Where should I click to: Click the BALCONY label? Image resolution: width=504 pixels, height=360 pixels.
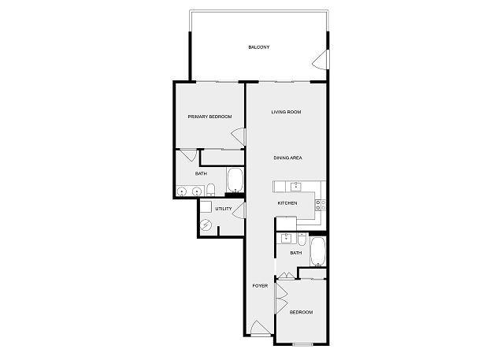coord(259,47)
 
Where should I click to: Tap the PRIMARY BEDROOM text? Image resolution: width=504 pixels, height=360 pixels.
coord(209,117)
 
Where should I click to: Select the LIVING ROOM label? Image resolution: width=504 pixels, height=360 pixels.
coord(286,112)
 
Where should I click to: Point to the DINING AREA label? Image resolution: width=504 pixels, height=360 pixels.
coord(287,158)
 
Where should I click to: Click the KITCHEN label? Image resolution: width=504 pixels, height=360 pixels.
coord(287,203)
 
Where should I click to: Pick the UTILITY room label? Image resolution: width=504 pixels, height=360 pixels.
coord(224,209)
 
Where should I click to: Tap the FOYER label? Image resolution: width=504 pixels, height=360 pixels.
coord(260,286)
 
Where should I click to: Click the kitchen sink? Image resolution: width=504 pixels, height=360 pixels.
coord(296,187)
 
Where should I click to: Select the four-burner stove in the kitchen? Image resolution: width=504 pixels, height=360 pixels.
coord(321,205)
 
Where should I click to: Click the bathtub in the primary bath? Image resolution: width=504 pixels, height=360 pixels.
coord(235,180)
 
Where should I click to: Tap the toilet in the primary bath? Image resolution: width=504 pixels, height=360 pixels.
coord(210,190)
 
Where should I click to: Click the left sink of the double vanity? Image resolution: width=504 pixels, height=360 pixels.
coord(182,192)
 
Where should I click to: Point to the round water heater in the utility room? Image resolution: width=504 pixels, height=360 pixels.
coord(205,225)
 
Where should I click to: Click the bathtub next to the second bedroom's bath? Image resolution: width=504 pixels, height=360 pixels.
coord(318,251)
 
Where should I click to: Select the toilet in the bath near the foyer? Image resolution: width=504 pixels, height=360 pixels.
coord(302,239)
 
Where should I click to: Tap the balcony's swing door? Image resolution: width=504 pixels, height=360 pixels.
coord(321,59)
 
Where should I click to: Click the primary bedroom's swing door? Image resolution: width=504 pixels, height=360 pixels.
coord(239,136)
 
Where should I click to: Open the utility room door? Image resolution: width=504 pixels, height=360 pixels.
coord(239,211)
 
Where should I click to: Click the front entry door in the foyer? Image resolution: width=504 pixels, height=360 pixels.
coord(261,328)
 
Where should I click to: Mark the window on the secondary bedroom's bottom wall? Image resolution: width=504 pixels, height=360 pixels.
coord(303,344)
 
